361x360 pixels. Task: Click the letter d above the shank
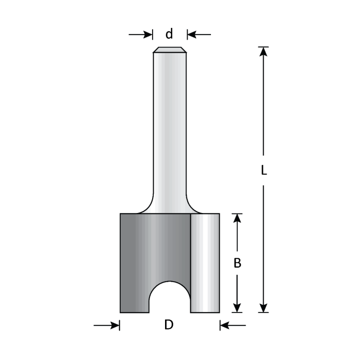169,35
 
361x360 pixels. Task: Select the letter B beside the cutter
237,263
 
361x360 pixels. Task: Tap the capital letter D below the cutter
169,325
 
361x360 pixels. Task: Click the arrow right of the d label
198,35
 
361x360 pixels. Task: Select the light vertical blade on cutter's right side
205,263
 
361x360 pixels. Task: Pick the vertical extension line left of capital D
120,325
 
